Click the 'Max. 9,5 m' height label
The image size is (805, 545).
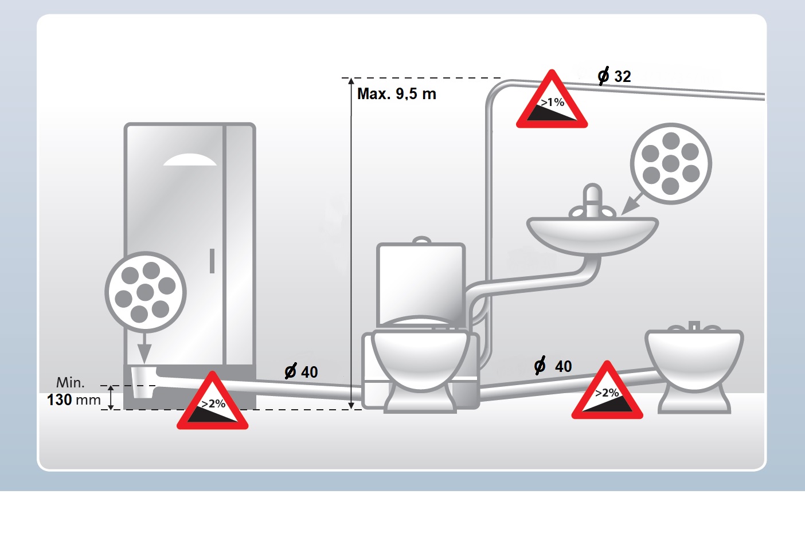pyautogui.click(x=396, y=94)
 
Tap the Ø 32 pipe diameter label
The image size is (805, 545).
pyautogui.click(x=614, y=76)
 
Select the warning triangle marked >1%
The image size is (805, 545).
pyautogui.click(x=552, y=100)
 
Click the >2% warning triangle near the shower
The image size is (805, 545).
pyautogui.click(x=212, y=401)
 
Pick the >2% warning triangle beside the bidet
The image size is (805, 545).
pyautogui.click(x=607, y=390)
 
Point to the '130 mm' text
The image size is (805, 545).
pyautogui.click(x=73, y=400)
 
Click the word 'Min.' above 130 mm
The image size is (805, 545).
pyautogui.click(x=71, y=383)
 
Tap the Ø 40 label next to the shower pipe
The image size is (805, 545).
pyautogui.click(x=301, y=372)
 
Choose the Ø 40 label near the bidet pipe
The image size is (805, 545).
pyautogui.click(x=553, y=366)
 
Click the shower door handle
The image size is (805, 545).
pyautogui.click(x=212, y=261)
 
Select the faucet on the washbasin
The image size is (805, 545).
pyautogui.click(x=592, y=203)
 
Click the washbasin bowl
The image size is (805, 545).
pyautogui.click(x=592, y=236)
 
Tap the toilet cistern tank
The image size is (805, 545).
pyautogui.click(x=421, y=282)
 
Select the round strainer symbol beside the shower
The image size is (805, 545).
pyautogui.click(x=146, y=292)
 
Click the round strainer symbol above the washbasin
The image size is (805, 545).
pyautogui.click(x=671, y=164)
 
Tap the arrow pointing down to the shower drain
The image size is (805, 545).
pyautogui.click(x=144, y=348)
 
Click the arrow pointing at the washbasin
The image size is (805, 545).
pyautogui.click(x=632, y=204)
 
